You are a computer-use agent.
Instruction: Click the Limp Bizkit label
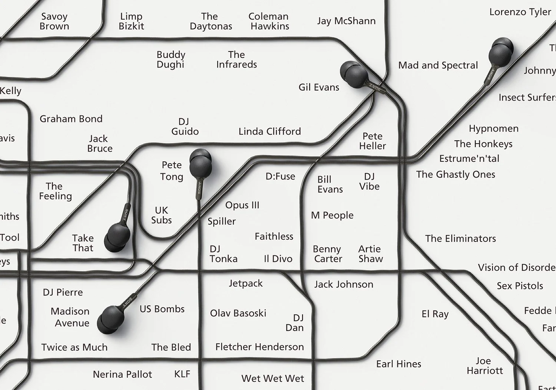click(131, 21)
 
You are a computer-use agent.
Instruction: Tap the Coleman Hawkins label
click(269, 21)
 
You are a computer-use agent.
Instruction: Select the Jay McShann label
click(346, 21)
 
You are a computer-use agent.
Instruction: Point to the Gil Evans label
click(319, 87)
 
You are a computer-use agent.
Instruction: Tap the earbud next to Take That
click(117, 237)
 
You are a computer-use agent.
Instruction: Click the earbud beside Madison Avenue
click(110, 319)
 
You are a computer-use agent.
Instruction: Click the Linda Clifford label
click(269, 131)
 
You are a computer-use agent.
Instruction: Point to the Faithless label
click(274, 236)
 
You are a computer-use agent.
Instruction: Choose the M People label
click(332, 215)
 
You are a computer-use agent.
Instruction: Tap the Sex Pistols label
click(520, 286)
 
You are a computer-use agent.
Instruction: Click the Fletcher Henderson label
click(259, 347)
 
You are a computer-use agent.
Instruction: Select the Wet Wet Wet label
click(272, 378)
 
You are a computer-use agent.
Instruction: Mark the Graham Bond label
click(71, 119)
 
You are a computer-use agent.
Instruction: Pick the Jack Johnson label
click(344, 285)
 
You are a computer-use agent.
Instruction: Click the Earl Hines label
click(398, 364)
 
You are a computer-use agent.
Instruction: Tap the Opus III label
click(242, 205)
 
